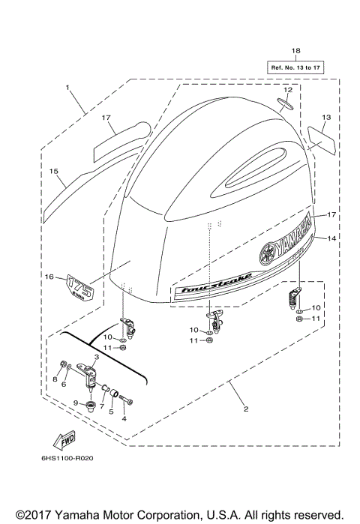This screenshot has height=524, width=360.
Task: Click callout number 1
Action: click(67, 88)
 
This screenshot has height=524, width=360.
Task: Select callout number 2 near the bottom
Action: click(244, 409)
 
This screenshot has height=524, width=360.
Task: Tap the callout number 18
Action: click(295, 51)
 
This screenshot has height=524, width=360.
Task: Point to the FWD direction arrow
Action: click(64, 439)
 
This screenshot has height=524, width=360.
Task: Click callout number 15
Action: click(53, 172)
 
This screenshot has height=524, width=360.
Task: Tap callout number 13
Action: click(326, 118)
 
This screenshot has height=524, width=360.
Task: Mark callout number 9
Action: click(76, 404)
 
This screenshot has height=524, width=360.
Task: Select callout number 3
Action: click(97, 357)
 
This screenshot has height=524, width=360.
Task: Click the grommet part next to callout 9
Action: click(90, 405)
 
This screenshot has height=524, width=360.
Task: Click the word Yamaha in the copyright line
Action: click(79, 514)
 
